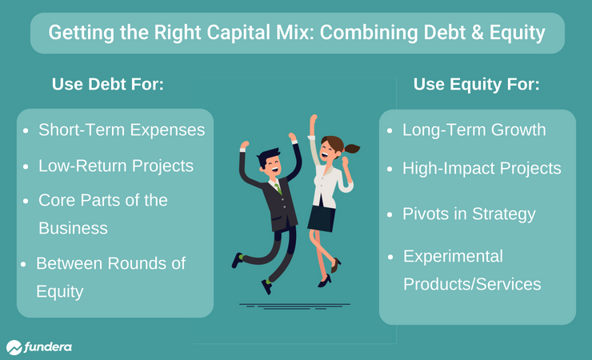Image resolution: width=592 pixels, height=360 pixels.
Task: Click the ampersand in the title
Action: [x=477, y=33]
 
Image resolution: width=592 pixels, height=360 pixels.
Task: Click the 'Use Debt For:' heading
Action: [x=108, y=84]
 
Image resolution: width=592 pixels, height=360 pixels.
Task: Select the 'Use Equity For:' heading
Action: [x=477, y=85]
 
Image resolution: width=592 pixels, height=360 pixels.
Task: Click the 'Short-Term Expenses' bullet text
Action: [x=122, y=130]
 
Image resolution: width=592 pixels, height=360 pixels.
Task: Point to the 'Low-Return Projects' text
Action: [x=116, y=166]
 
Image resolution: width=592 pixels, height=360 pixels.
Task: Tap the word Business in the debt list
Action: [x=74, y=228]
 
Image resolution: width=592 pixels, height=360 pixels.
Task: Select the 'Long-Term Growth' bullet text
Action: [x=474, y=130]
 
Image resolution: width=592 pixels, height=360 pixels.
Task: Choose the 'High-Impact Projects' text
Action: [x=482, y=168]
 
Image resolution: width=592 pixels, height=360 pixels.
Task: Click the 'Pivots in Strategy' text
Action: [x=469, y=214]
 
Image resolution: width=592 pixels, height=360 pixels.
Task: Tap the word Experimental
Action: [x=453, y=257]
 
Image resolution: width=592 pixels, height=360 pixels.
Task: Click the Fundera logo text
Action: [x=48, y=346]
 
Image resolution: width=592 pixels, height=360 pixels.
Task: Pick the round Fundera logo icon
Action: [x=14, y=347]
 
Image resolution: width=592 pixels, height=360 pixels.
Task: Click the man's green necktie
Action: [x=278, y=188]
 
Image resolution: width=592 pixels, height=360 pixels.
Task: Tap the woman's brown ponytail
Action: [x=351, y=149]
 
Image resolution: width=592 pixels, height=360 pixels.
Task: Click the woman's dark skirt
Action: [x=322, y=218]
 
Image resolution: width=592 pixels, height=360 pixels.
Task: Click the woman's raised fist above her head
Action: [x=314, y=118]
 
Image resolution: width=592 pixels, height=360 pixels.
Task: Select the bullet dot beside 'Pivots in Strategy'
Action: [x=390, y=214]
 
